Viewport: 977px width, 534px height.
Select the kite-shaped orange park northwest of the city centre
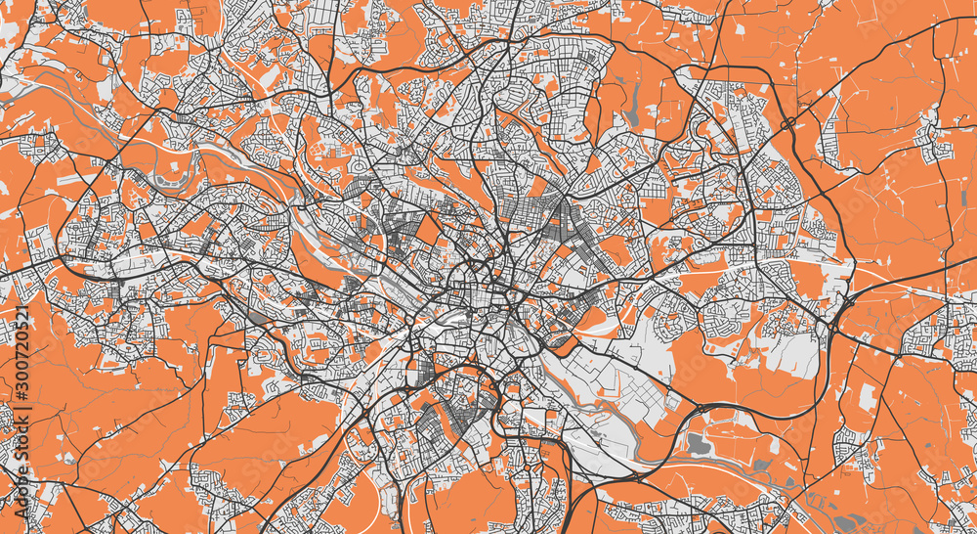(x=428, y=231)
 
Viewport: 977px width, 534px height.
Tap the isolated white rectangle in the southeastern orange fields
(x=867, y=397)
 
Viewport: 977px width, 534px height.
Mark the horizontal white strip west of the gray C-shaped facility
(x=73, y=180)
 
